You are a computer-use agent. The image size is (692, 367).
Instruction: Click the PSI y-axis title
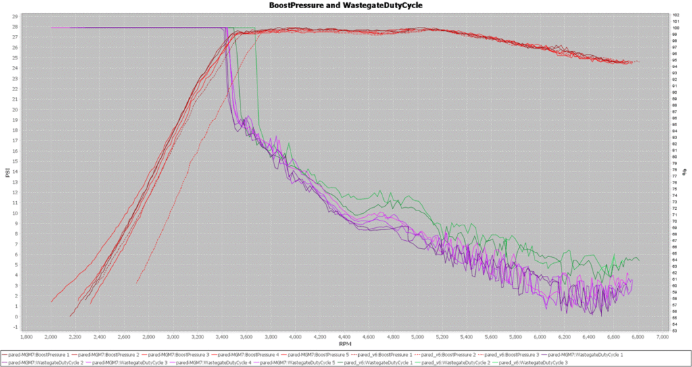click(6, 173)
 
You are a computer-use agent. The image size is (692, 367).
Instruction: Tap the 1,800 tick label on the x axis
click(27, 335)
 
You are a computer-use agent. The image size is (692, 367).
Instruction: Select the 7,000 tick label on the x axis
click(663, 335)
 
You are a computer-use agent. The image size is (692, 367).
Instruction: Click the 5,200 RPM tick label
click(442, 335)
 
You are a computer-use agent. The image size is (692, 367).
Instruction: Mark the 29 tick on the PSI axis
click(15, 16)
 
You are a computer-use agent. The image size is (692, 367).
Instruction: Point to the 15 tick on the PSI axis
click(15, 161)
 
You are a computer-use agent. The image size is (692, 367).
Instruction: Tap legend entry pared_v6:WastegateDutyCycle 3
click(531, 362)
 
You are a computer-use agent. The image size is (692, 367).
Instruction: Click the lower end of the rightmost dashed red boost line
click(137, 283)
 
